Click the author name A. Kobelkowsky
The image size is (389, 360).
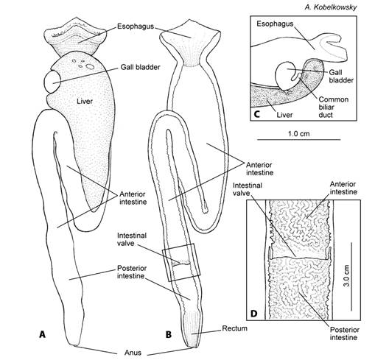(331, 7)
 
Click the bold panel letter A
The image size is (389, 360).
(43, 334)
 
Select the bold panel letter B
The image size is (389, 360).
(169, 335)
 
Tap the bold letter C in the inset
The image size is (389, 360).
(257, 114)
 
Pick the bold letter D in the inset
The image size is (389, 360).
(253, 314)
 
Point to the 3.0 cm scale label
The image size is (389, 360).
(346, 275)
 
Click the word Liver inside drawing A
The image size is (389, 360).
(85, 101)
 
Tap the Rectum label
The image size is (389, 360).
(235, 328)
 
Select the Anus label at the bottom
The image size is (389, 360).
(133, 353)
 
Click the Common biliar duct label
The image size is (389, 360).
(334, 107)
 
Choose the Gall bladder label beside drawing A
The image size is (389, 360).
(141, 67)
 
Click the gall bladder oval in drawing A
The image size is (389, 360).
(52, 82)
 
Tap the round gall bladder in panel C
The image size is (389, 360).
(285, 76)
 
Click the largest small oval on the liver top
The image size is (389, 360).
(90, 66)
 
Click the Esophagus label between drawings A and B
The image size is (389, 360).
(136, 27)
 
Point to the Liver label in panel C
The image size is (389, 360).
(284, 115)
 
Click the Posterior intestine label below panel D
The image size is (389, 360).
(345, 333)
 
